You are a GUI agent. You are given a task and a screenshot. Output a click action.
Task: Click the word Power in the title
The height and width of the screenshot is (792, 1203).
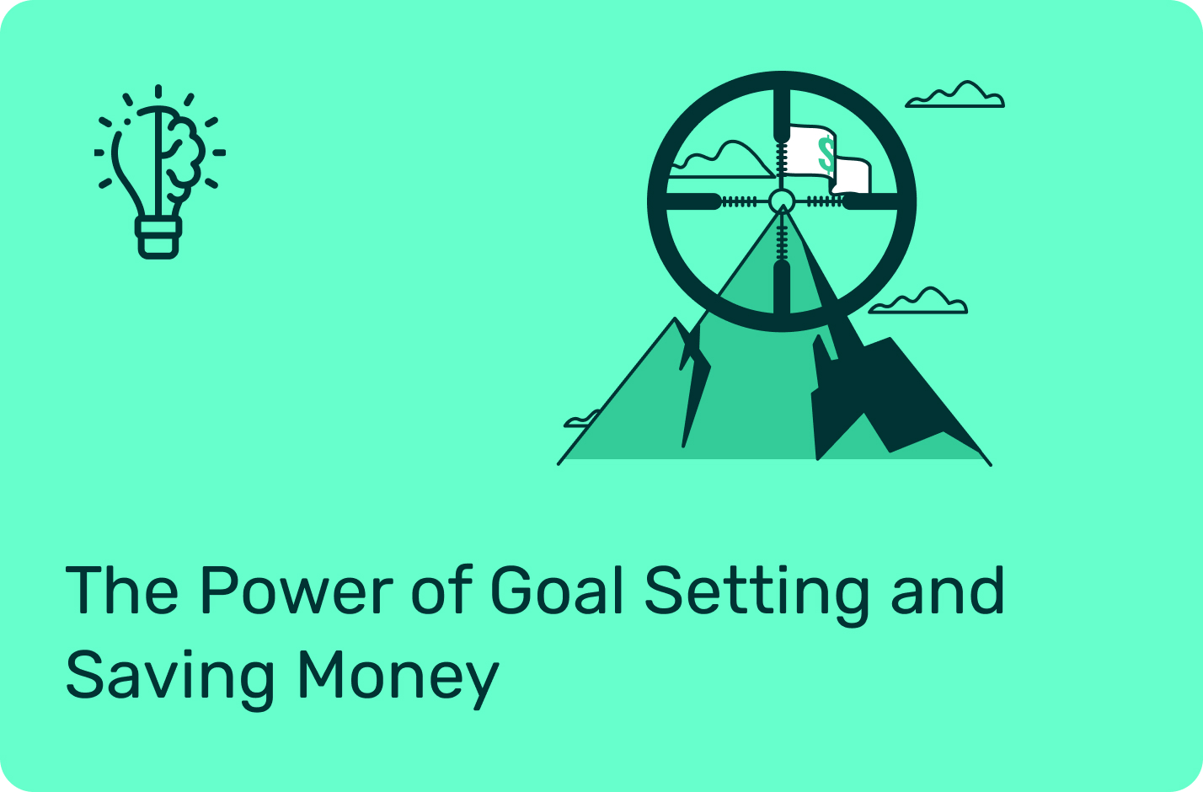(x=297, y=590)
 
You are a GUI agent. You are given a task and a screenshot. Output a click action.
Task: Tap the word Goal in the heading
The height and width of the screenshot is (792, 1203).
(x=556, y=589)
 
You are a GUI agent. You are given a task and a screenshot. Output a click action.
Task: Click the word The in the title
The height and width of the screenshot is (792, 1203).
(x=121, y=590)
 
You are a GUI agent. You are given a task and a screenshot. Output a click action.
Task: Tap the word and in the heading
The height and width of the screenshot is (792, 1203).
(x=948, y=590)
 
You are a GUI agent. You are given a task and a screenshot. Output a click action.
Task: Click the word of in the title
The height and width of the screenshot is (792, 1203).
(x=441, y=589)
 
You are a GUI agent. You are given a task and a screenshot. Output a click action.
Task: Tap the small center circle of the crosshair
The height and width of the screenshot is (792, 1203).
(x=782, y=201)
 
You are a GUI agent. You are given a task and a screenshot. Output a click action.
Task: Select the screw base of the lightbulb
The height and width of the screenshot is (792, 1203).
(x=158, y=238)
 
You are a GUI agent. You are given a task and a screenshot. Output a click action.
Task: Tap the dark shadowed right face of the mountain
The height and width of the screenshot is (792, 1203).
(x=886, y=398)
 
